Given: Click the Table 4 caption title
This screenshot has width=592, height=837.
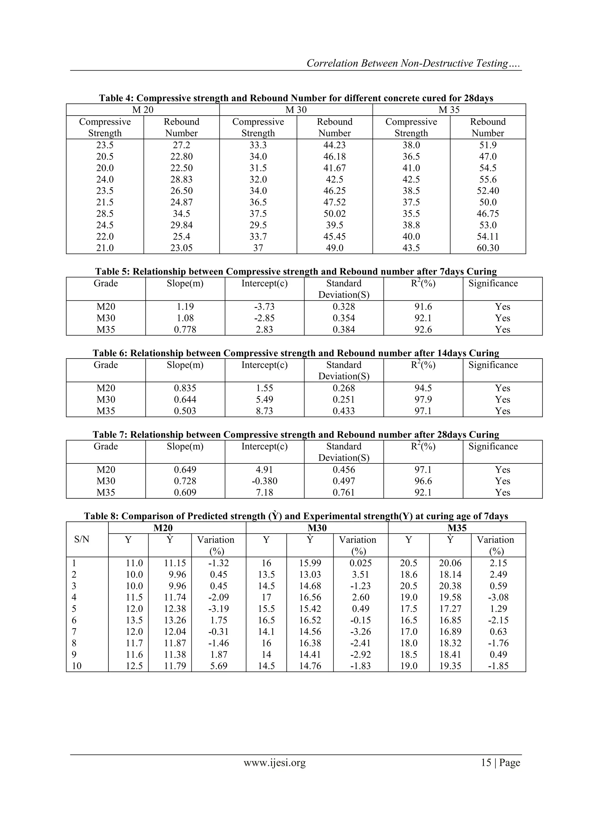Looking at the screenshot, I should pyautogui.click(x=296, y=98).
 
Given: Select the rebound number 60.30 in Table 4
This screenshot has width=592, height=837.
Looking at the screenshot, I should pyautogui.click(x=488, y=248).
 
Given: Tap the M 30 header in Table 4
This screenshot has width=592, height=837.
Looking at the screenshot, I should pyautogui.click(x=296, y=110).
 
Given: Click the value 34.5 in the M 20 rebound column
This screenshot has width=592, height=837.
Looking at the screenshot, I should pyautogui.click(x=181, y=214).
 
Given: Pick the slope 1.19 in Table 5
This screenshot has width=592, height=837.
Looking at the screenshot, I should pyautogui.click(x=185, y=307).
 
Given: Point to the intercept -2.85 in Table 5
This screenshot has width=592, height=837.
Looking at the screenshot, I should pyautogui.click(x=264, y=318).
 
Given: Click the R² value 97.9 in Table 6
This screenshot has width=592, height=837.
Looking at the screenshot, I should pyautogui.click(x=423, y=400).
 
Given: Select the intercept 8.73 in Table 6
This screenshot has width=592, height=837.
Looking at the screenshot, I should pyautogui.click(x=264, y=411).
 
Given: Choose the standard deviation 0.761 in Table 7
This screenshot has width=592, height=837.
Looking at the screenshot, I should pyautogui.click(x=344, y=493).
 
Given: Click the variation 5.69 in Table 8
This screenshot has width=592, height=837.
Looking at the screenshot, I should pyautogui.click(x=219, y=666).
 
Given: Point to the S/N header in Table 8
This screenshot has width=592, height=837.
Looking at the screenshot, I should pyautogui.click(x=82, y=539).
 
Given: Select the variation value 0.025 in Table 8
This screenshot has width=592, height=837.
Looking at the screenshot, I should pyautogui.click(x=360, y=563).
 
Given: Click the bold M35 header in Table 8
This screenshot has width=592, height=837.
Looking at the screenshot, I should pyautogui.click(x=457, y=528).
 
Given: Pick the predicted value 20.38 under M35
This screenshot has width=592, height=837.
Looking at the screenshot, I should pyautogui.click(x=450, y=586).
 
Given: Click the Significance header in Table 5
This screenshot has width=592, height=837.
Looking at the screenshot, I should pyautogui.click(x=493, y=283).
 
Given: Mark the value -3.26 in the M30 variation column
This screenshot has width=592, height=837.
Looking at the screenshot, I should pyautogui.click(x=360, y=632).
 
